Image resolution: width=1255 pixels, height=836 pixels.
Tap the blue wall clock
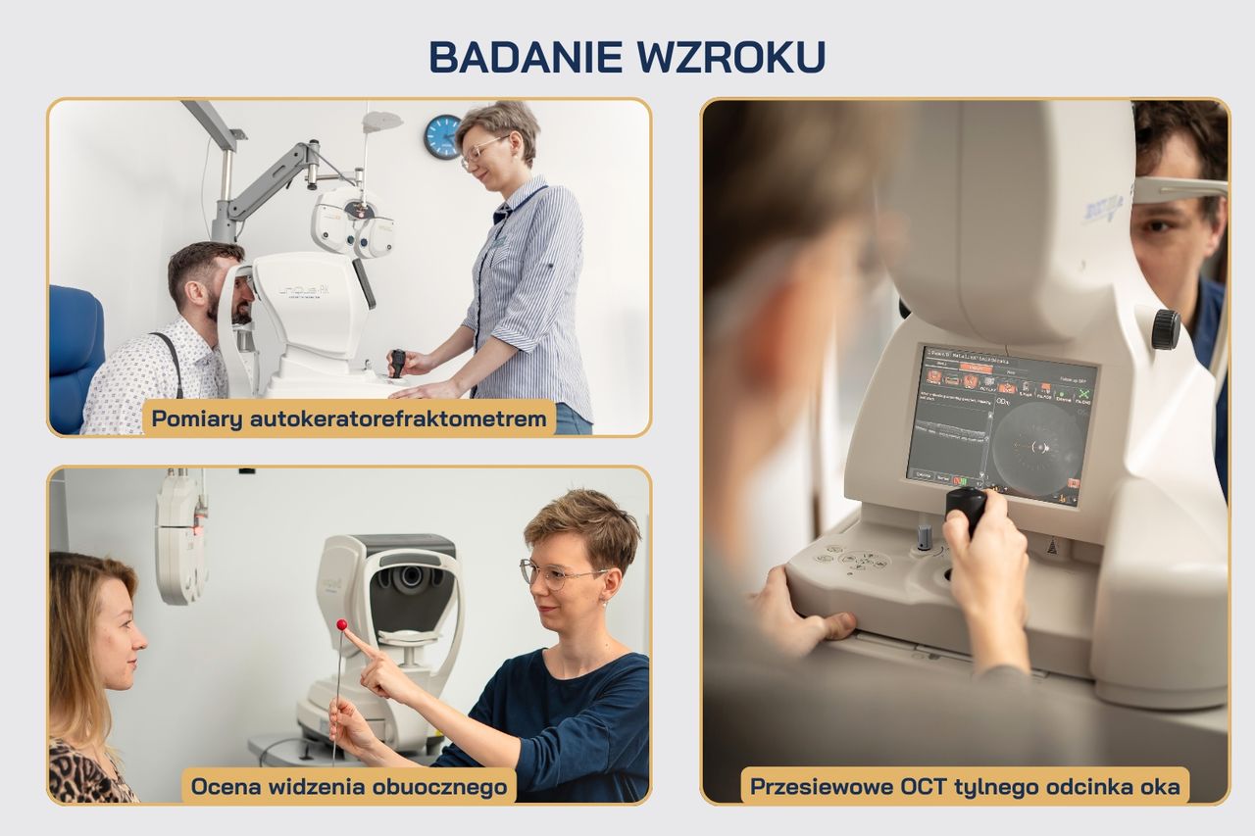tap(442, 136)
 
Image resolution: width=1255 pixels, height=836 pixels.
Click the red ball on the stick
tap(342, 624)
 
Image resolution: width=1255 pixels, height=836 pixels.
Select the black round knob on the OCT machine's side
tap(1166, 329)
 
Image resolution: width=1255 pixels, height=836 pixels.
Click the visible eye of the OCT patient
tap(1160, 225)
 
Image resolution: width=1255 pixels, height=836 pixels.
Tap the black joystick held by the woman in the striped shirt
tap(398, 361)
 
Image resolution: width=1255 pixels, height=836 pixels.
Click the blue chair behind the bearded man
tap(75, 353)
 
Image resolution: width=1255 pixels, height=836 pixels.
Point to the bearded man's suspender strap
tap(173, 362)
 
